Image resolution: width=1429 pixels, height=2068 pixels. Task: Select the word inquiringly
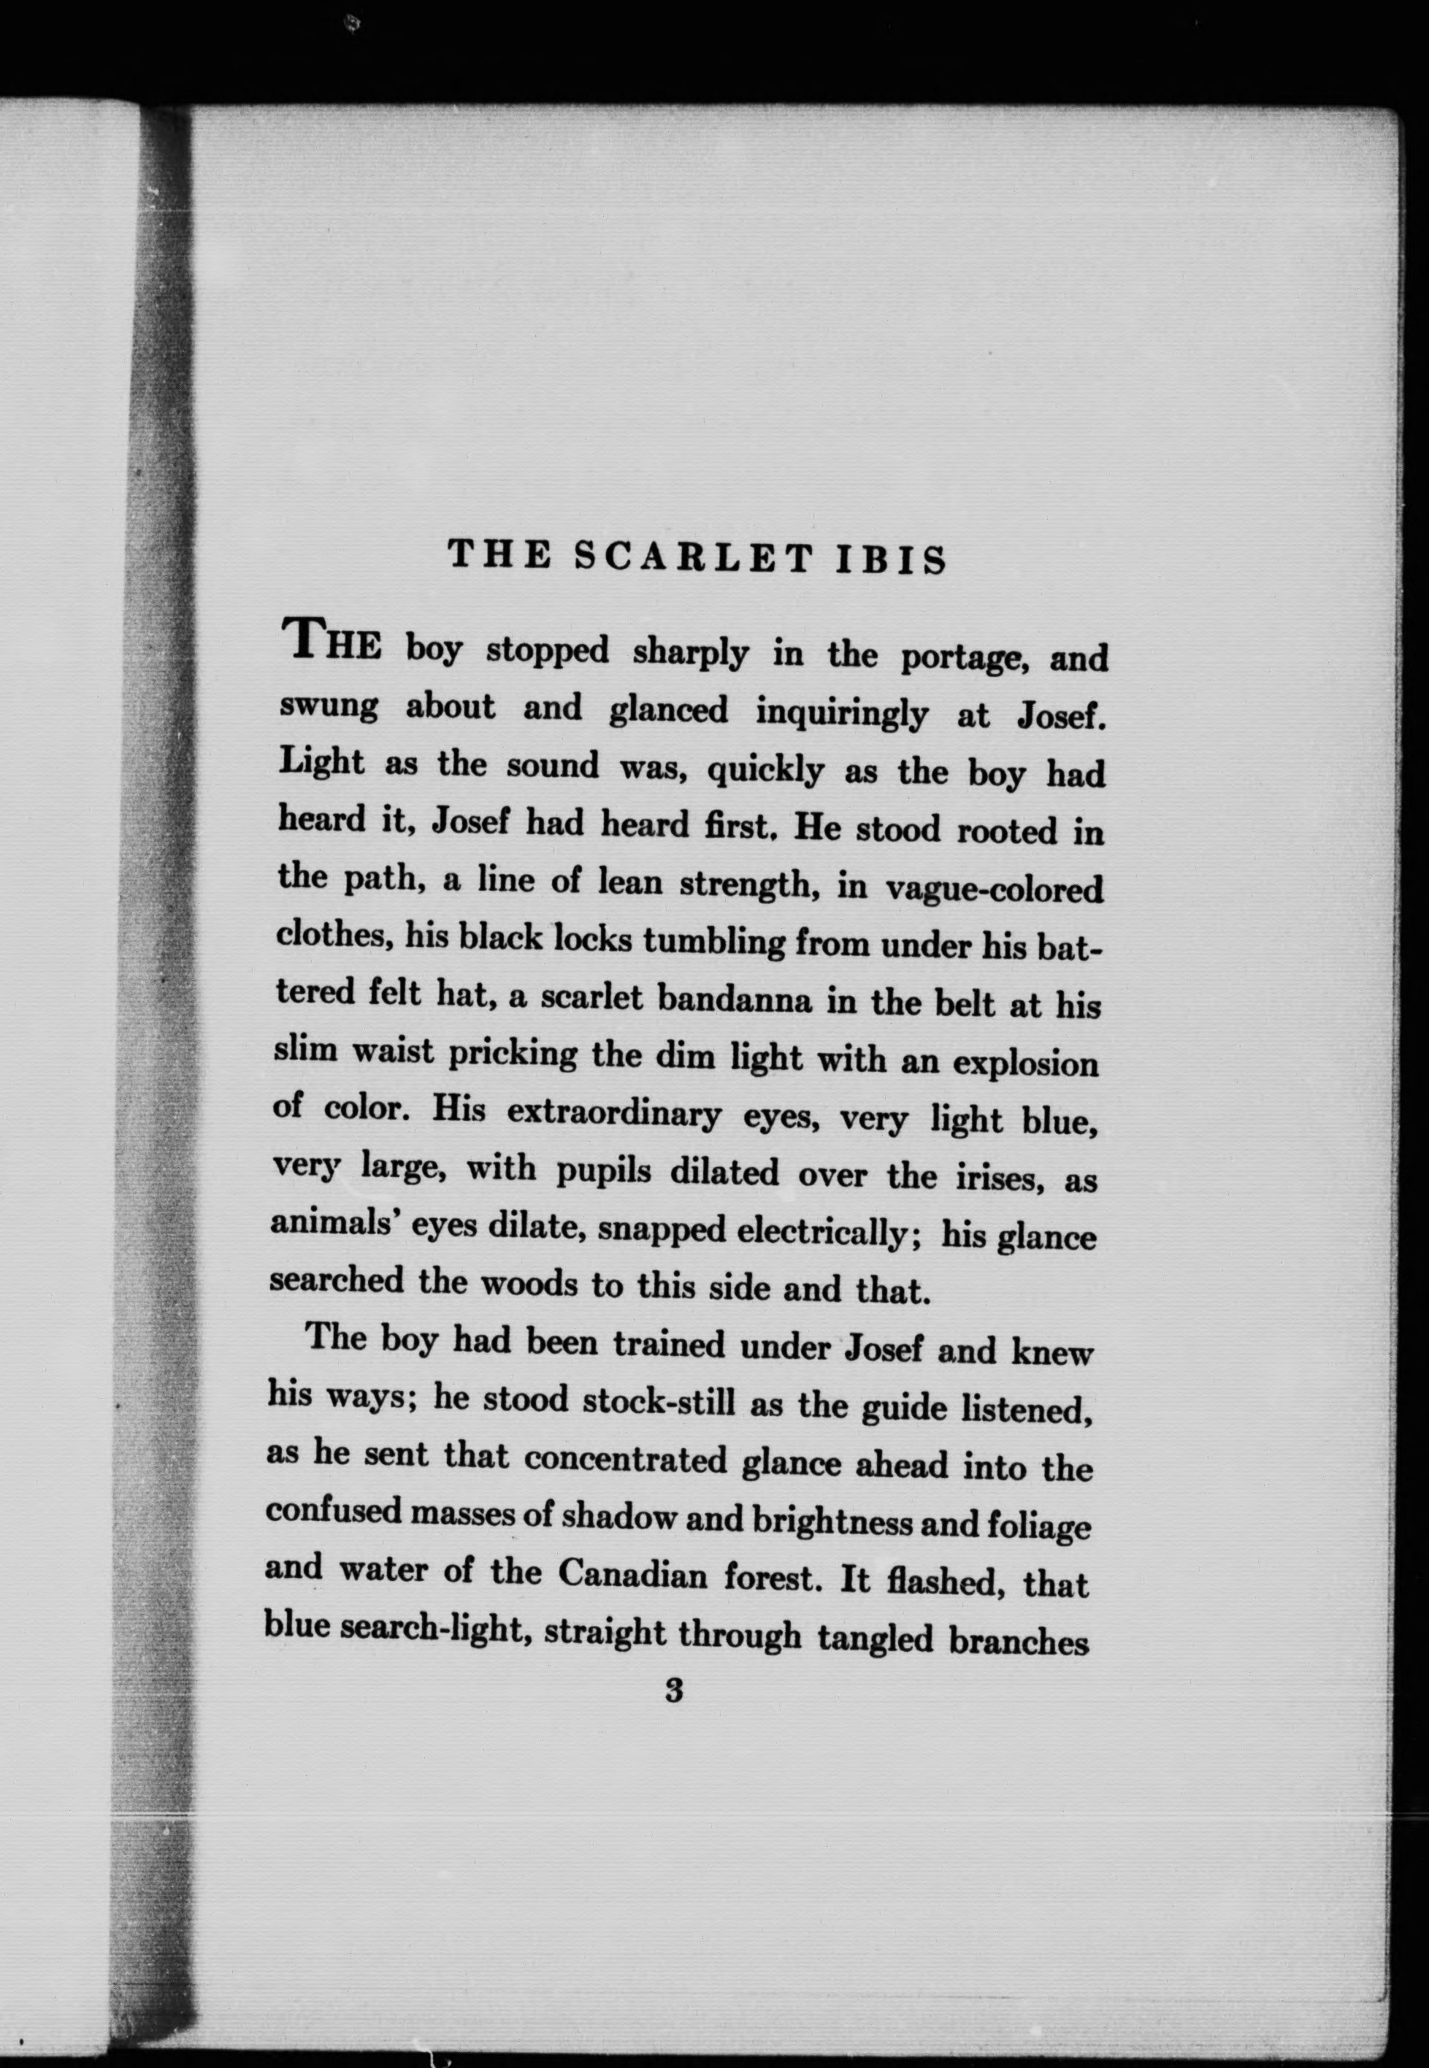pos(842,713)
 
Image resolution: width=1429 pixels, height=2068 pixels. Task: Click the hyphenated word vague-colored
pos(993,888)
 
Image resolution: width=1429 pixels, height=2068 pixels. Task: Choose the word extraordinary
pos(613,1114)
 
